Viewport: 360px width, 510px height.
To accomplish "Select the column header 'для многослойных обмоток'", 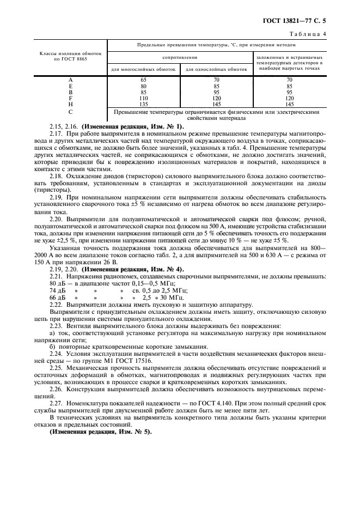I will [x=143, y=69].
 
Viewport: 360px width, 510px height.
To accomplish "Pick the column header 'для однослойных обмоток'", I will [x=216, y=69].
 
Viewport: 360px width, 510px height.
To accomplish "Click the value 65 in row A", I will [x=143, y=80].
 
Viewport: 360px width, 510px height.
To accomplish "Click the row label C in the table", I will [x=70, y=112].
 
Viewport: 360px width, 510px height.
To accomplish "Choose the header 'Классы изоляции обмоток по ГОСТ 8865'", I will [x=70, y=57].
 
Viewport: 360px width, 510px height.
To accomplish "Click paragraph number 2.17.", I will [x=56, y=134].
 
